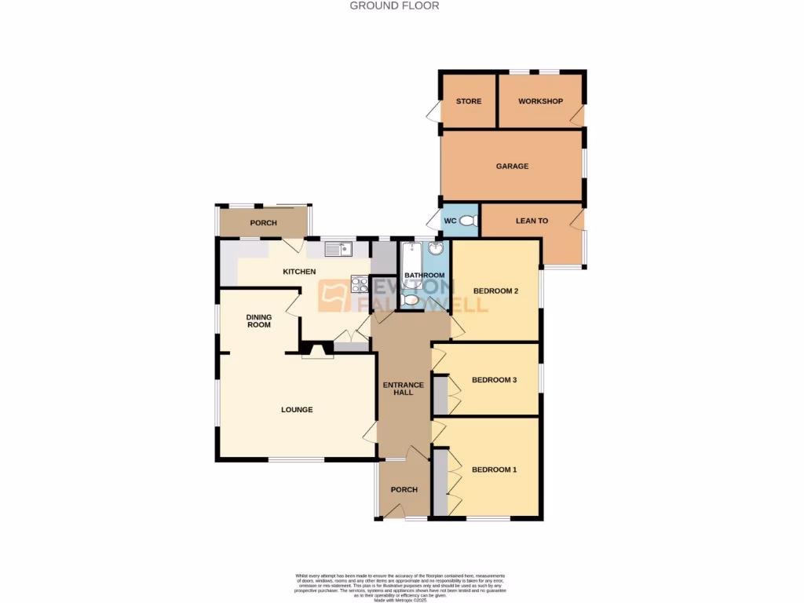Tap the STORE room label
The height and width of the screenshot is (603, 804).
(x=469, y=101)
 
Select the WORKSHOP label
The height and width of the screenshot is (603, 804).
(x=540, y=101)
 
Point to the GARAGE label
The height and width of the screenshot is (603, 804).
(x=512, y=166)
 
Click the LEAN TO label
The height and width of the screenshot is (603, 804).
(x=532, y=221)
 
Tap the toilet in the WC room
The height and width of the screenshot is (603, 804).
(x=468, y=222)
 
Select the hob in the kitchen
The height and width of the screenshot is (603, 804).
(x=359, y=284)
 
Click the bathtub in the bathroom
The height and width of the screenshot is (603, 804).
(x=411, y=259)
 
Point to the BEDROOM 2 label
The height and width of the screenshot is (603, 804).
(x=495, y=291)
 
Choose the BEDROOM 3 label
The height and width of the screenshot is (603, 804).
(x=494, y=380)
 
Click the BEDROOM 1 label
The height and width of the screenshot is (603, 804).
(x=494, y=470)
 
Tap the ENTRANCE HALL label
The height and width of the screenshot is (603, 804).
(x=404, y=388)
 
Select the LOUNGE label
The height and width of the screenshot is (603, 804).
(x=297, y=409)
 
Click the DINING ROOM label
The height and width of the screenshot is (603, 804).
(x=259, y=320)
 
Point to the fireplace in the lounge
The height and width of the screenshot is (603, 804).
(x=317, y=351)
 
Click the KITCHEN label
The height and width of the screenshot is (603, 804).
(x=299, y=272)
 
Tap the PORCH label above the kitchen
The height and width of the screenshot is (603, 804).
(x=263, y=223)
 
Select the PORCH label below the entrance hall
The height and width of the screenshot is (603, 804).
(x=404, y=490)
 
